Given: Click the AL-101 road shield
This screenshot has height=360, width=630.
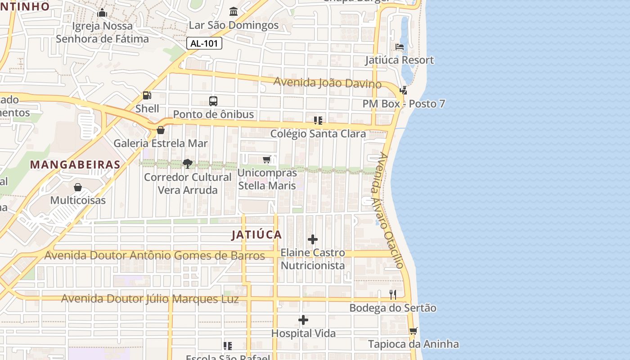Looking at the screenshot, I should pyautogui.click(x=204, y=43).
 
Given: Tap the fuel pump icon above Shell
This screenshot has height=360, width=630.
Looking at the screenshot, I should pyautogui.click(x=147, y=95).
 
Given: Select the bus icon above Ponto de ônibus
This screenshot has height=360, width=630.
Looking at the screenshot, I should pyautogui.click(x=213, y=101).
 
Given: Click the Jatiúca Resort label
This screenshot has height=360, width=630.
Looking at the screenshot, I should pyautogui.click(x=399, y=60).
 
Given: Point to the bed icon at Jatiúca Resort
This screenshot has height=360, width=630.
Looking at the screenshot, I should pyautogui.click(x=399, y=47).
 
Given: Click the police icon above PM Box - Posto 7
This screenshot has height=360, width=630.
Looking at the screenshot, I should pyautogui.click(x=403, y=90).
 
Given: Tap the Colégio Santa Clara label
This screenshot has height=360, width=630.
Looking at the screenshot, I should pyautogui.click(x=318, y=134).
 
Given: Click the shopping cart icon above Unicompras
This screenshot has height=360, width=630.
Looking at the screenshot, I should pyautogui.click(x=267, y=160).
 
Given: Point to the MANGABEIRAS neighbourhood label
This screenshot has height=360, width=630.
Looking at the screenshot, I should pyautogui.click(x=75, y=165).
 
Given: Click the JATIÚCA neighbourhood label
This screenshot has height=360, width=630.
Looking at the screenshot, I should pyautogui.click(x=257, y=234).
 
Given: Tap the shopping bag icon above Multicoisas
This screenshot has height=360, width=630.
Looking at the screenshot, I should pyautogui.click(x=78, y=187).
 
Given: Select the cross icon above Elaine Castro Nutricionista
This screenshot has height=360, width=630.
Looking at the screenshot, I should pyautogui.click(x=313, y=239).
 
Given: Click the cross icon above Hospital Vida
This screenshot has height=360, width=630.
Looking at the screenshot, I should pyautogui.click(x=303, y=320).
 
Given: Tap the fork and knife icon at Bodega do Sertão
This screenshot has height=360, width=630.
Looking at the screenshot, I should pyautogui.click(x=393, y=295).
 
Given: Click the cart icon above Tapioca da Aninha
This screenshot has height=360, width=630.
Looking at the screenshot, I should pyautogui.click(x=413, y=331).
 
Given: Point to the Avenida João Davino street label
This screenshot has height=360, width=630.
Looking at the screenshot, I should pyautogui.click(x=327, y=83).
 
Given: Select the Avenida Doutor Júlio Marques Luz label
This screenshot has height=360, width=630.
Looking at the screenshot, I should pyautogui.click(x=150, y=299).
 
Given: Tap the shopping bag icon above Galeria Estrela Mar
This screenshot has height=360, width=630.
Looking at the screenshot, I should pyautogui.click(x=161, y=130).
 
